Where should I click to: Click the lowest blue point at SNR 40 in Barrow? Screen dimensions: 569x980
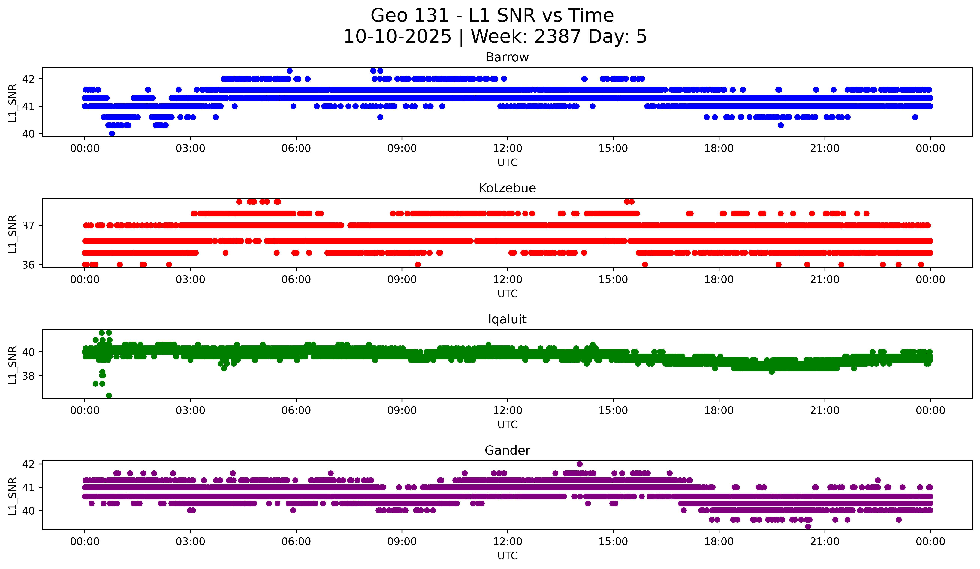[112, 133]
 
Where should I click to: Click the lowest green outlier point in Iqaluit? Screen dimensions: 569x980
[109, 395]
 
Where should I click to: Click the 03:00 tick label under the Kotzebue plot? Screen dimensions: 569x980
[191, 280]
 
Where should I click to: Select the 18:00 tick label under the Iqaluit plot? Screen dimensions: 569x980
[719, 411]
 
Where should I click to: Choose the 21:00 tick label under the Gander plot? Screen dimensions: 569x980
[825, 542]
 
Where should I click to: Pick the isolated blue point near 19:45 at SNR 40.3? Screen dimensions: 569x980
[780, 125]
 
